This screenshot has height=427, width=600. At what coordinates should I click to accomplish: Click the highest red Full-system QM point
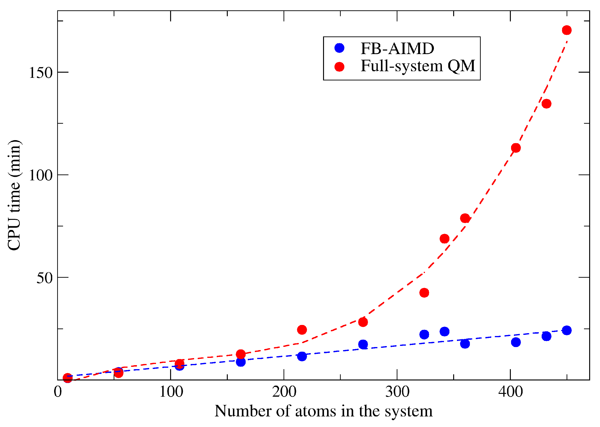(x=567, y=30)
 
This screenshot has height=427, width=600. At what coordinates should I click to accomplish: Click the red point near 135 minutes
(x=546, y=104)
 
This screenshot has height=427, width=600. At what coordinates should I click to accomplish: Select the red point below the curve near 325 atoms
(x=424, y=293)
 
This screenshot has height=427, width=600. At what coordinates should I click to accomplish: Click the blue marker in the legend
(x=339, y=48)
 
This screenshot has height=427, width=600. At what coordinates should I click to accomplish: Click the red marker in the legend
(x=339, y=67)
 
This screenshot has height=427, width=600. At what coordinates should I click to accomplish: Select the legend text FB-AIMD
(x=397, y=49)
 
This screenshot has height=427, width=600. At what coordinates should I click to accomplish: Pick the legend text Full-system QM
(x=418, y=66)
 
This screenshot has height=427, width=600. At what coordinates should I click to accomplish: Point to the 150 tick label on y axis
(x=41, y=73)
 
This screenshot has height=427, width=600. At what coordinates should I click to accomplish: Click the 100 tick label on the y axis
(x=41, y=175)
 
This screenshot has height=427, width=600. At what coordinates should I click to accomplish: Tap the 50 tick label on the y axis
(x=45, y=278)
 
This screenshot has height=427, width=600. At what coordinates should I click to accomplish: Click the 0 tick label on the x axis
(x=58, y=392)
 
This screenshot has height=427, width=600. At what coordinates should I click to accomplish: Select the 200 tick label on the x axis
(x=284, y=392)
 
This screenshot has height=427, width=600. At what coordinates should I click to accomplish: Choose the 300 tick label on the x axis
(x=397, y=392)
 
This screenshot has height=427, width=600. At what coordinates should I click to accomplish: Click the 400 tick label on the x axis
(x=510, y=392)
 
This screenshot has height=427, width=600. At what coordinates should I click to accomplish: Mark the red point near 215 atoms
(x=302, y=330)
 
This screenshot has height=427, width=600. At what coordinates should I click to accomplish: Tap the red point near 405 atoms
(x=516, y=148)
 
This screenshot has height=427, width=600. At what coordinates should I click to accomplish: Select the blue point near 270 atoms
(x=363, y=344)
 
